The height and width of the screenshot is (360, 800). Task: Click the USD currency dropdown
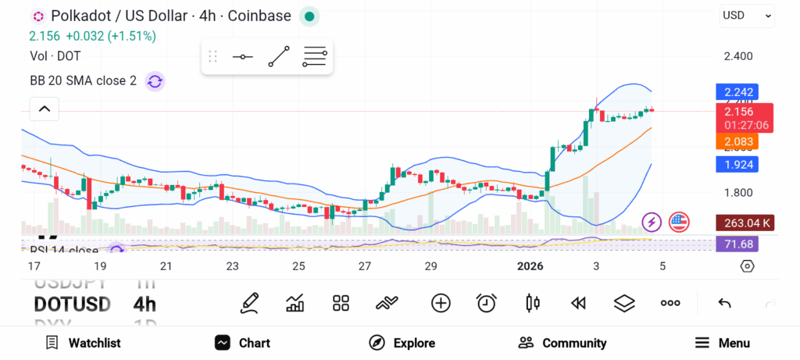click(x=746, y=15)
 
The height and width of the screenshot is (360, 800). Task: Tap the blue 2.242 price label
click(x=736, y=92)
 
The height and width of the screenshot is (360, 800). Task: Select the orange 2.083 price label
click(x=736, y=141)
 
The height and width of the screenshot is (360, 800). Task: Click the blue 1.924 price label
click(x=736, y=165)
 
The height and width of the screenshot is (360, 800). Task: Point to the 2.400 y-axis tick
click(x=737, y=56)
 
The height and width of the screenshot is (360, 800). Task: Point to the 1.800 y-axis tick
click(x=737, y=193)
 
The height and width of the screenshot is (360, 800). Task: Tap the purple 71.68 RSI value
click(x=736, y=244)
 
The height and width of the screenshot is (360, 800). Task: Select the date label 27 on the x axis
click(x=365, y=266)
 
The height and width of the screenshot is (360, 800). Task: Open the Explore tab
click(x=402, y=343)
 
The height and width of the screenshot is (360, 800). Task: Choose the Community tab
click(x=562, y=343)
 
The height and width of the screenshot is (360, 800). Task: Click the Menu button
click(x=722, y=343)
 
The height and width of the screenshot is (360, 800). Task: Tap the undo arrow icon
click(x=724, y=303)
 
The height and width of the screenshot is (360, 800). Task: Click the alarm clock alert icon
click(x=487, y=303)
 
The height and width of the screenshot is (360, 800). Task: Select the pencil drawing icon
click(x=249, y=303)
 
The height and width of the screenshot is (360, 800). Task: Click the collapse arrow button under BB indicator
click(x=45, y=109)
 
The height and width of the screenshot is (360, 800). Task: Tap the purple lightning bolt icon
click(x=652, y=223)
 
